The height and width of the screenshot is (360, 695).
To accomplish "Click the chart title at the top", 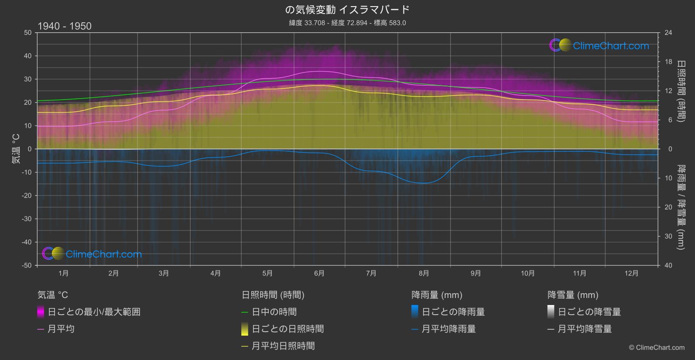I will coord(347,10).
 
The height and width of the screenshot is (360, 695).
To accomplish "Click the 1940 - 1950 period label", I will coord(65,26).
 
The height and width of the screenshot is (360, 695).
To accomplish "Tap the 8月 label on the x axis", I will coord(424,274).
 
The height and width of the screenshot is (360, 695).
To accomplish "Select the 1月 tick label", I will coord(64,274).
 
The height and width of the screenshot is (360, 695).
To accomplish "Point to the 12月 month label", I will coord(631,274).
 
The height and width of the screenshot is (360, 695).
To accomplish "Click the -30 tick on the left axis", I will coord(27,219).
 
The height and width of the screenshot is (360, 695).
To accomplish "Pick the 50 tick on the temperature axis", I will coord(28,33).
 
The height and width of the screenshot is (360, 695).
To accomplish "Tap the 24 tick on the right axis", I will coord(668,33).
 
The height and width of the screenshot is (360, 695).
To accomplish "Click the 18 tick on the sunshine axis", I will coord(668,62).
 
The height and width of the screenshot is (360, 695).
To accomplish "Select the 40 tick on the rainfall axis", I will coord(668,265).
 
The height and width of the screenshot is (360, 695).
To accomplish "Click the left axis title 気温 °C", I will coord(16,149).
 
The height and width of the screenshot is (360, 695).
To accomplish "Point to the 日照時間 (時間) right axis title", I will coord(681,91).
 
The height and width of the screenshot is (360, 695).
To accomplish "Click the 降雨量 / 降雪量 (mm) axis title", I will coord(681,207).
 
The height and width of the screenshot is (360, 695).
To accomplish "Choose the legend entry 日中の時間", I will coord(274,312).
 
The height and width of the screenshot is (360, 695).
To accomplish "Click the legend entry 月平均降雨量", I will coord(448,329).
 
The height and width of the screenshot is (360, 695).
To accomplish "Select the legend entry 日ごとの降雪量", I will coord(589,312).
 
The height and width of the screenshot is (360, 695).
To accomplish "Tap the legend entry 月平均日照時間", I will coord(283,346).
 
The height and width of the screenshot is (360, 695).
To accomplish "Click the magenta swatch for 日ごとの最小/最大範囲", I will coord(41,312).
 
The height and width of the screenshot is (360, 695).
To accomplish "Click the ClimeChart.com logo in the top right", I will coord(599,45).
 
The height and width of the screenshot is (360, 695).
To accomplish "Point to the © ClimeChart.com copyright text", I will coord(657,348).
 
